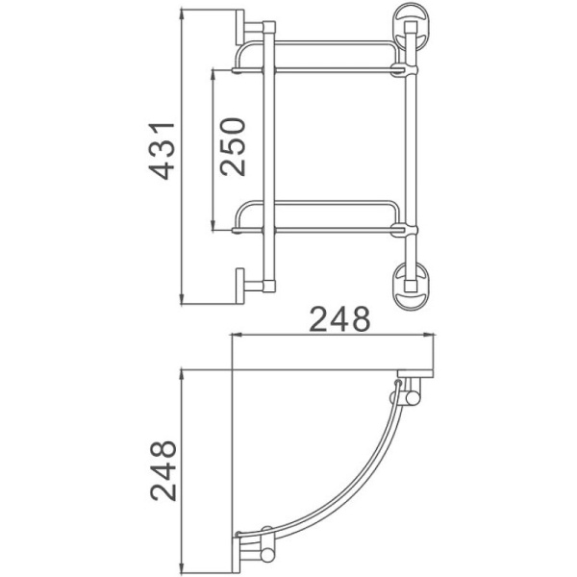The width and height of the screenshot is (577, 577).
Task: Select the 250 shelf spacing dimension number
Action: coord(232,146)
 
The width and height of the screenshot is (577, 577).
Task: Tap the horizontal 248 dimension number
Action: coord(339,319)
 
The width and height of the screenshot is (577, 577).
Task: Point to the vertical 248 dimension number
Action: coord(164,470)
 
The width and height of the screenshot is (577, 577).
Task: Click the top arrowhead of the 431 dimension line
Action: coord(183,15)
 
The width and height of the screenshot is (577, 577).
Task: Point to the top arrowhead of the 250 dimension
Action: coord(213,74)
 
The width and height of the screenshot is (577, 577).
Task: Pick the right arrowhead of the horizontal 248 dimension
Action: coord(436,336)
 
